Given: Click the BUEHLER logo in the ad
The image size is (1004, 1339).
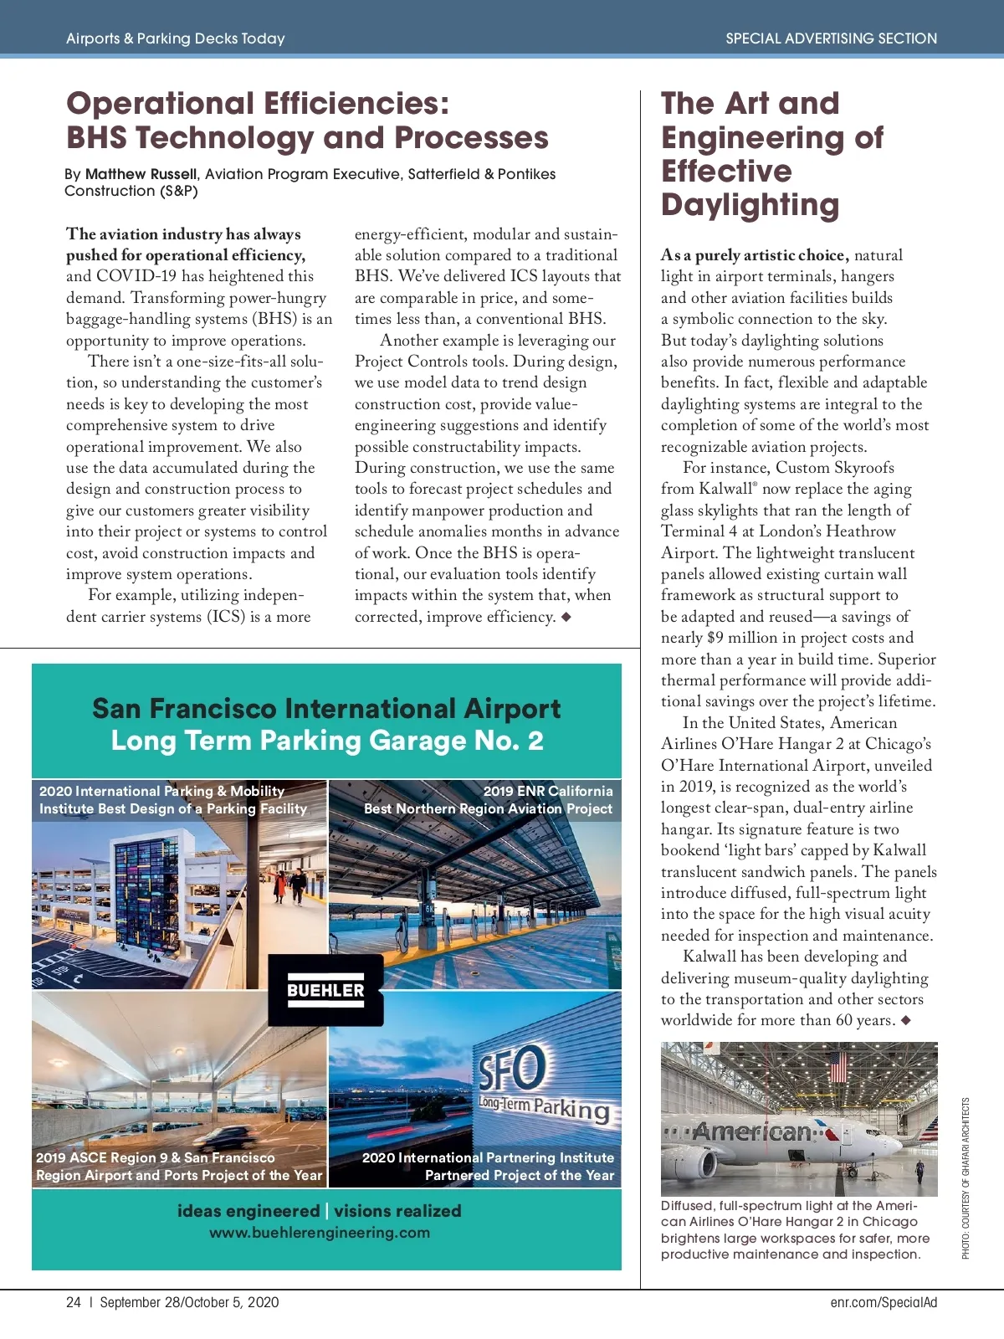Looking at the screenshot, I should [x=325, y=990].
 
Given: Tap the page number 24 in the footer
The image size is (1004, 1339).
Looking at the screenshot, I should [x=74, y=1302].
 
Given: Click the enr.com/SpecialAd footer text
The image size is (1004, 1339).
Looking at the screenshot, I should [x=884, y=1302].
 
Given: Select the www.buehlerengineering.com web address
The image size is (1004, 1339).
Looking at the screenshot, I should [x=320, y=1233].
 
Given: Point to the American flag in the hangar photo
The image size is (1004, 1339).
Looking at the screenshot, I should [x=838, y=1066].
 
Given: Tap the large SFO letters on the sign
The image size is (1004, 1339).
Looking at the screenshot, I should [x=512, y=1068].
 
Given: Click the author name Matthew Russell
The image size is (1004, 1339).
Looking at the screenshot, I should [x=141, y=174].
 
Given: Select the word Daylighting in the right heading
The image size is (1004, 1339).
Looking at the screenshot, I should [x=750, y=205].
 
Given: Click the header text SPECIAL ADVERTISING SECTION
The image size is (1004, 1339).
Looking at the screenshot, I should [x=831, y=38].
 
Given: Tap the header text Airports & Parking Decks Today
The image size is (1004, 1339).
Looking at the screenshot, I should [x=176, y=38].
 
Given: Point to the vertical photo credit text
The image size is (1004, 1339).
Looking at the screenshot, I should [x=966, y=1178].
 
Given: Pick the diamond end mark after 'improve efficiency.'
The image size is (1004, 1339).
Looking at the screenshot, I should [x=566, y=617].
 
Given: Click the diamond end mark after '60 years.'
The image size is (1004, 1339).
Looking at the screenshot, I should [x=906, y=1020].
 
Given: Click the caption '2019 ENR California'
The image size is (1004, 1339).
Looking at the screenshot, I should [x=548, y=791].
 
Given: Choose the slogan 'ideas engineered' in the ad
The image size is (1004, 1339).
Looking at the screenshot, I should [x=248, y=1211].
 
